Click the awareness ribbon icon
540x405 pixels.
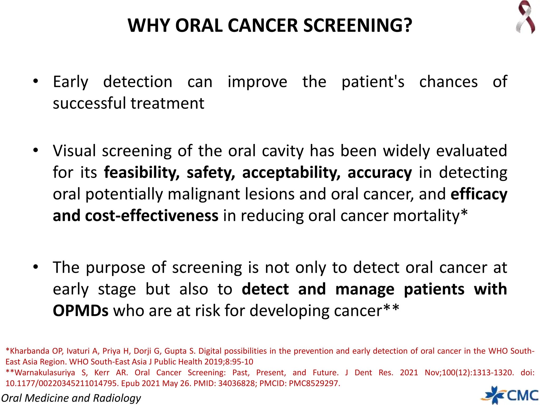(525, 17)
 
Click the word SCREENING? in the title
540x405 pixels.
(358, 26)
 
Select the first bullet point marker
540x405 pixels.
(36, 81)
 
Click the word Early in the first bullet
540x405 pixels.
(70, 82)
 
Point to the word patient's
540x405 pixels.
(373, 82)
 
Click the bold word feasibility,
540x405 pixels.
(142, 173)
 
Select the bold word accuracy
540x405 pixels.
(379, 173)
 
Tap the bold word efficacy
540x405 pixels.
(479, 194)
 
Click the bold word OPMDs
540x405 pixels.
(81, 311)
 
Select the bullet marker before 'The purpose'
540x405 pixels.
(36, 267)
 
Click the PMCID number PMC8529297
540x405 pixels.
(314, 383)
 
